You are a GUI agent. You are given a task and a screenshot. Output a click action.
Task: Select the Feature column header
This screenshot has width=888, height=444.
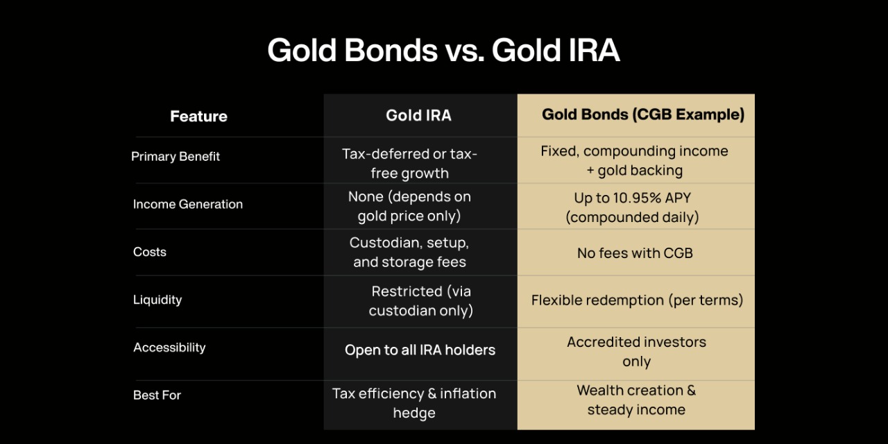click(x=198, y=117)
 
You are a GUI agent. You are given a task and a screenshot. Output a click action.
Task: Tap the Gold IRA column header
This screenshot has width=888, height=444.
click(x=418, y=116)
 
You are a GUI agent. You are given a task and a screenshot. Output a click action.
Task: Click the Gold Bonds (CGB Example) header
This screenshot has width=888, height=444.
click(x=642, y=114)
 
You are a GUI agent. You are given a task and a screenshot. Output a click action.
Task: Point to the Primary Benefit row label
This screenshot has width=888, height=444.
click(x=176, y=157)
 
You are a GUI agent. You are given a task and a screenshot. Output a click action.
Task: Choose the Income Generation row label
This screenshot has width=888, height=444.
click(x=188, y=205)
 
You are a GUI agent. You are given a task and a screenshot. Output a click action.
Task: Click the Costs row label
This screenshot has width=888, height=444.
click(x=150, y=253)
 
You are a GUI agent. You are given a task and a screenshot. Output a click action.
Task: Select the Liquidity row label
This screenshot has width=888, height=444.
click(x=157, y=300)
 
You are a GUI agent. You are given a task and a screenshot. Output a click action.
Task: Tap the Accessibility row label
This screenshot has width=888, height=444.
click(x=169, y=348)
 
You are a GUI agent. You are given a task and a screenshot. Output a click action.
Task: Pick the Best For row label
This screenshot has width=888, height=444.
click(x=157, y=395)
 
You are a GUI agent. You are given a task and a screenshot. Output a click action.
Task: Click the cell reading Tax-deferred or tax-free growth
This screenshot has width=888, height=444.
click(x=409, y=163)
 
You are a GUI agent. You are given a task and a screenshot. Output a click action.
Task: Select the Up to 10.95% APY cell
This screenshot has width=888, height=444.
click(x=632, y=207)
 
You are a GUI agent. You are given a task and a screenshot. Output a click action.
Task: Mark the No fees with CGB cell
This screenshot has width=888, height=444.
click(x=635, y=253)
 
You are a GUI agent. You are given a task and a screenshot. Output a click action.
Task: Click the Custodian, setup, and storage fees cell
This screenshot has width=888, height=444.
click(x=409, y=253)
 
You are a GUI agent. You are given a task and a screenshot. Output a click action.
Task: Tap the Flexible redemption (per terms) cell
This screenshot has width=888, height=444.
click(x=637, y=300)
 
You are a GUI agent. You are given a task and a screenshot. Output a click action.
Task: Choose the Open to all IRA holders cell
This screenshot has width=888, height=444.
click(x=420, y=350)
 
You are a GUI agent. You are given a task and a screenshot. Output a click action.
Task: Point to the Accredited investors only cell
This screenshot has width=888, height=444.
click(x=636, y=351)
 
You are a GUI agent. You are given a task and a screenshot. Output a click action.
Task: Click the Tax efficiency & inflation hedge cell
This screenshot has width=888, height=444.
click(x=414, y=403)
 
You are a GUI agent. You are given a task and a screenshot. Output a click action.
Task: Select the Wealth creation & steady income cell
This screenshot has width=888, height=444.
click(x=636, y=400)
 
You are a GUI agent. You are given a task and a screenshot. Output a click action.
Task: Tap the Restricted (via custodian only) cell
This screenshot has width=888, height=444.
click(x=421, y=300)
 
